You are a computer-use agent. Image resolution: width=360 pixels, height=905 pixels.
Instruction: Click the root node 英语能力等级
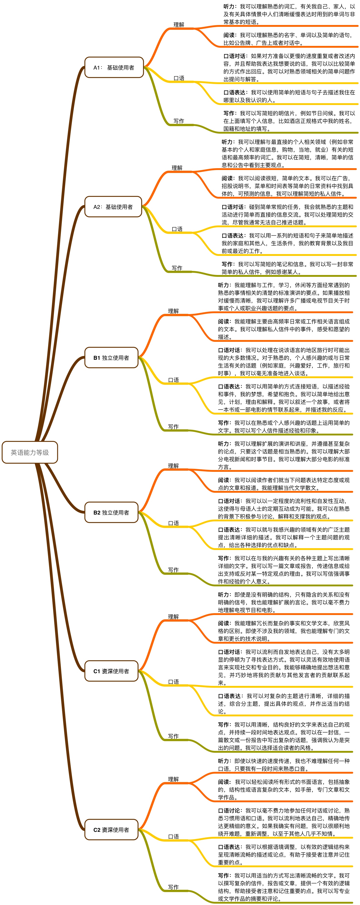[x=30, y=452]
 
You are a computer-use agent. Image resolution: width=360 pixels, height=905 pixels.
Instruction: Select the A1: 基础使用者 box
[x=114, y=67]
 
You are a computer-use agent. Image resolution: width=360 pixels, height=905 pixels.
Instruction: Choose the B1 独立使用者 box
[x=111, y=358]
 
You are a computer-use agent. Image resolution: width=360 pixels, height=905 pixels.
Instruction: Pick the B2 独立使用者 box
[x=111, y=512]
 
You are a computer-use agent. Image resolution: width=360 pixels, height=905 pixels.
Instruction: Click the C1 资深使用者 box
[x=111, y=671]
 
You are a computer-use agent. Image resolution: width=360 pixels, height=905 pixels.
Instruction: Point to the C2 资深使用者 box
[x=111, y=830]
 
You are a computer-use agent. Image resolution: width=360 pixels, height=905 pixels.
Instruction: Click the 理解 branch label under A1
[x=179, y=25]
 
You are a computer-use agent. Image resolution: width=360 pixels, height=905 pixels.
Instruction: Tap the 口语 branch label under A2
[x=177, y=229]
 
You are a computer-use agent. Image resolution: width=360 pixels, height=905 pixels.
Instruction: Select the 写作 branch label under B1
[x=173, y=427]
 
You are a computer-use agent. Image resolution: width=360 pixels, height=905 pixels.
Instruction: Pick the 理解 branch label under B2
[x=173, y=466]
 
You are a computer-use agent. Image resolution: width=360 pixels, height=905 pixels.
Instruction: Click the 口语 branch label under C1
[x=173, y=682]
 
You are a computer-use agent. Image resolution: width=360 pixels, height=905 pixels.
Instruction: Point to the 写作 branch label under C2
[x=173, y=887]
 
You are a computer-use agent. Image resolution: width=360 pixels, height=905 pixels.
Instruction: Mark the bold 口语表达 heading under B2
[x=229, y=530]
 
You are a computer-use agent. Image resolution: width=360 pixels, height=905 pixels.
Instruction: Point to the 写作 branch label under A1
[x=179, y=121]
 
